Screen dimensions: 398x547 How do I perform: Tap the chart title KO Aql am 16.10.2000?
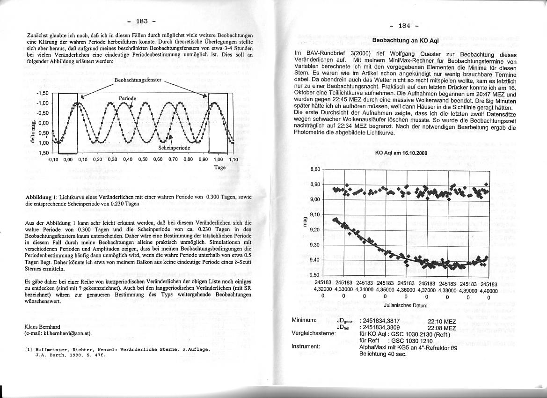[401, 153]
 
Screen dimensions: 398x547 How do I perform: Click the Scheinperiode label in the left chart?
[174, 147]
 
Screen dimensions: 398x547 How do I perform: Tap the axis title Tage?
[220, 167]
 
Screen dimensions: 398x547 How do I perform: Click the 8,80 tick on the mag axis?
[315, 170]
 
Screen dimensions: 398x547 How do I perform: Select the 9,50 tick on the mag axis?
[315, 275]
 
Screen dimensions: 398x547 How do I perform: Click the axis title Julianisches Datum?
[405, 305]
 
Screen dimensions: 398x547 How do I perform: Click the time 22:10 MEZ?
[442, 322]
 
